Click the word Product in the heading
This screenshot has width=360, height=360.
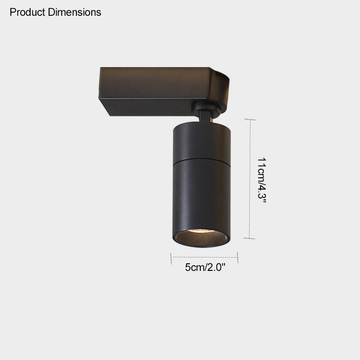[x=27, y=12]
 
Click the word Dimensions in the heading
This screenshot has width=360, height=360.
[x=74, y=12]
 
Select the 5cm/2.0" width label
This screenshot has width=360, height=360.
[x=205, y=267]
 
